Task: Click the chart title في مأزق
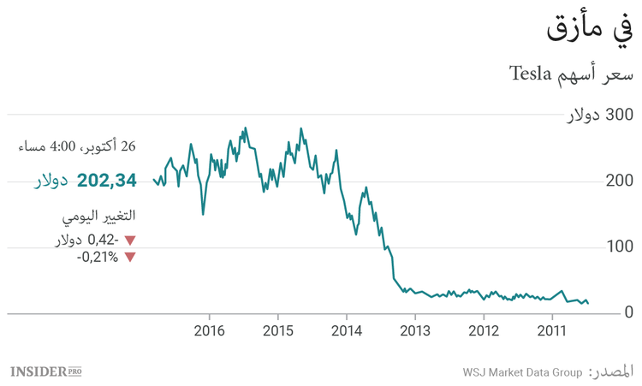point(591,31)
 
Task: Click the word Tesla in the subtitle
point(534,74)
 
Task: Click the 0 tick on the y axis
point(628,313)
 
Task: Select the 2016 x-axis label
point(210,330)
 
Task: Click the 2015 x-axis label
point(278,330)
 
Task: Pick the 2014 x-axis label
point(347,330)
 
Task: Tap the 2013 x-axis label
point(415,330)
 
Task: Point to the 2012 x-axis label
point(484,330)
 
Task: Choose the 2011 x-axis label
point(552,330)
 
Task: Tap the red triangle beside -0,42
point(130,241)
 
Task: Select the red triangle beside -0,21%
point(130,257)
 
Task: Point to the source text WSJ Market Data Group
point(522,372)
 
